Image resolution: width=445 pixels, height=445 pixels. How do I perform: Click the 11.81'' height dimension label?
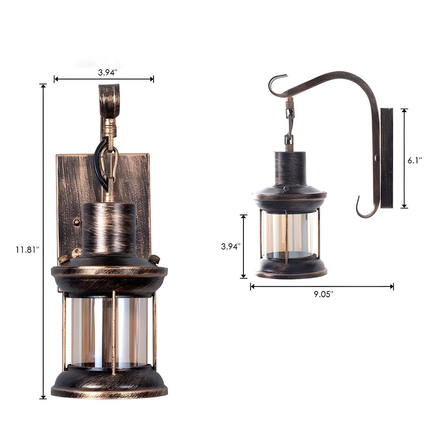[28, 250]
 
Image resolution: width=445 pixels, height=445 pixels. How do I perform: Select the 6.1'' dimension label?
[414, 160]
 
